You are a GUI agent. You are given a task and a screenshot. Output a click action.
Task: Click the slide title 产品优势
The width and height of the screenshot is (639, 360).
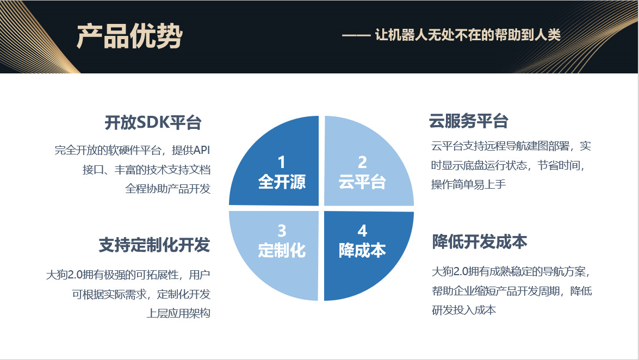coord(129,36)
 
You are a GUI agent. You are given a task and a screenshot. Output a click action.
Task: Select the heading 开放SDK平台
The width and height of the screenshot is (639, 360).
coord(153,123)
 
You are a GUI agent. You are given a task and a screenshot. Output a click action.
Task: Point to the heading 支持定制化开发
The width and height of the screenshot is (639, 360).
coord(154,245)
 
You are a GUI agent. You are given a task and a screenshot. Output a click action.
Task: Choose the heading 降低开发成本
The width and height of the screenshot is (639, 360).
coord(480,242)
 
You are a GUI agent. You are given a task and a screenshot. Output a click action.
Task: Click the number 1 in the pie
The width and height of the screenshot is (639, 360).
coord(281,162)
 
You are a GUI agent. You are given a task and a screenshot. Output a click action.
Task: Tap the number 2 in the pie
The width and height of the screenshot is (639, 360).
coord(362,162)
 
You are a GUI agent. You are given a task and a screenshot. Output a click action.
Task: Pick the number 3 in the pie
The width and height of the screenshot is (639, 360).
coord(281,231)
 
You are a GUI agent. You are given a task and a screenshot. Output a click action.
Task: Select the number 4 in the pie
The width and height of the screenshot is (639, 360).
coord(362,231)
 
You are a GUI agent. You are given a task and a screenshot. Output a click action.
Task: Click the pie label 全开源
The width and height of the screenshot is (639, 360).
coord(281,182)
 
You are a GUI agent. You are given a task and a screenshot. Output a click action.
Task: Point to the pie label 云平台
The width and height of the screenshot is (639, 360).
coord(362,182)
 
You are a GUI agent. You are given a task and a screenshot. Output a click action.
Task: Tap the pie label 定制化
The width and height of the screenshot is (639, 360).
coord(281,251)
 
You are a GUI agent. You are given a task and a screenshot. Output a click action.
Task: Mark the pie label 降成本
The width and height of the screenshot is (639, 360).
coord(362,250)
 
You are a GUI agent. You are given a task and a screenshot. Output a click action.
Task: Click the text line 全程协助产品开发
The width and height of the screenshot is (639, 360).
coord(167,189)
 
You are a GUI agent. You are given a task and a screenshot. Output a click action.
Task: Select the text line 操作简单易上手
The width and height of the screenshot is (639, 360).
coord(469,184)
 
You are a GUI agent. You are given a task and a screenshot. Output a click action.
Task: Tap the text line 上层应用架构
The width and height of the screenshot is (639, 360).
coord(178,314)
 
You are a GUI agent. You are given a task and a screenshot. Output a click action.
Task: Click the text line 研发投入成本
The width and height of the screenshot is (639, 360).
coord(464,310)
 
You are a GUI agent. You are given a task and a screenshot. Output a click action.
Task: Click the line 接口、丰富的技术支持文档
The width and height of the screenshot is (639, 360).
coord(146,170)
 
